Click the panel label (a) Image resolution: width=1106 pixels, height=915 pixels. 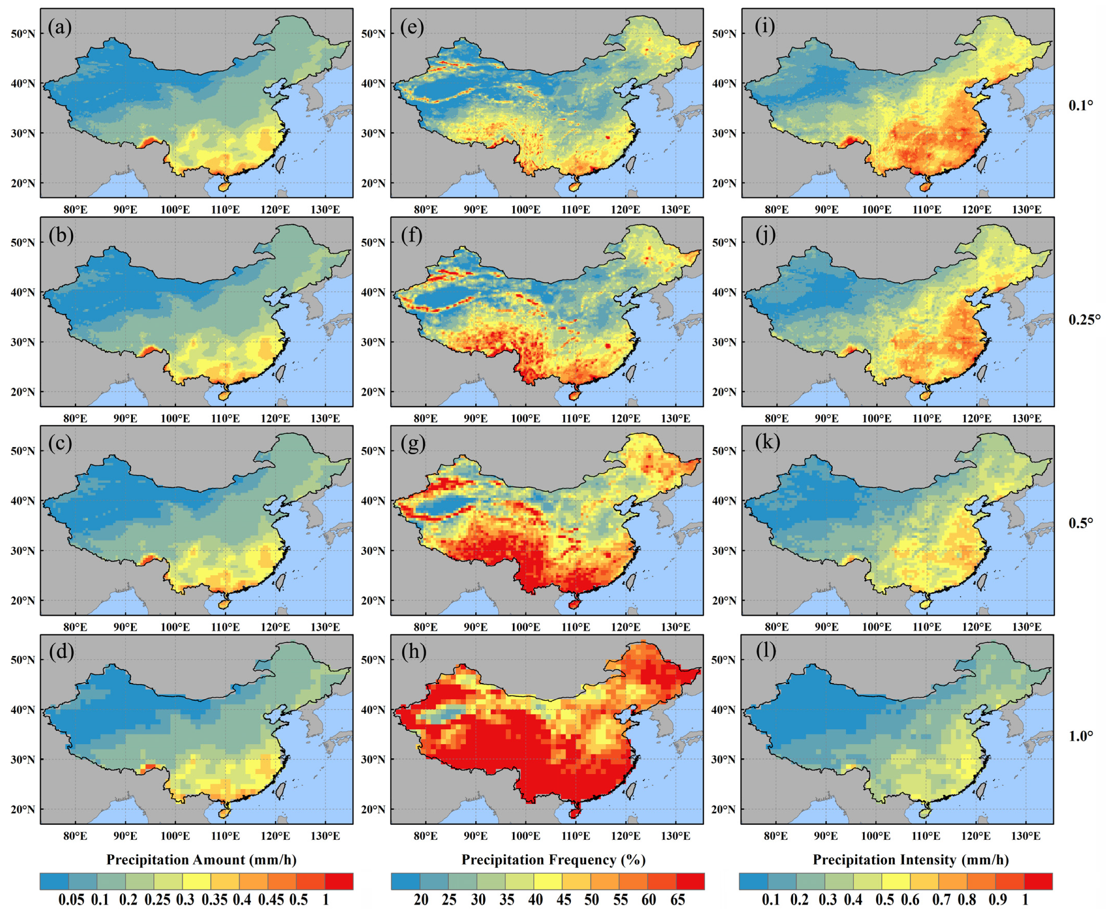point(59,27)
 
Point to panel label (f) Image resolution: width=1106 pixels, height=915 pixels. point(411,235)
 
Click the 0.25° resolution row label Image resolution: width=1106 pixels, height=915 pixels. point(1084,320)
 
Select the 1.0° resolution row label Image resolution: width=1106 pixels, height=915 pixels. point(1081,736)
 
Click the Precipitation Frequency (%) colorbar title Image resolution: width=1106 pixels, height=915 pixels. point(553,860)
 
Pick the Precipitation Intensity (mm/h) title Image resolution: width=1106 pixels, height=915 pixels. point(911,860)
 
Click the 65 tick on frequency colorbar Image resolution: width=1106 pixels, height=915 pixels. point(677,900)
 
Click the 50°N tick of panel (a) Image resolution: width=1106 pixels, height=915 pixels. point(23,34)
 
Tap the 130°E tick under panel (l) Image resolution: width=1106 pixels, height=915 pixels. point(1025,836)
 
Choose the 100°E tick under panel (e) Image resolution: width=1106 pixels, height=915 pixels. point(525,210)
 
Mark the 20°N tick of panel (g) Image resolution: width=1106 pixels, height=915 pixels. point(373,601)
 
